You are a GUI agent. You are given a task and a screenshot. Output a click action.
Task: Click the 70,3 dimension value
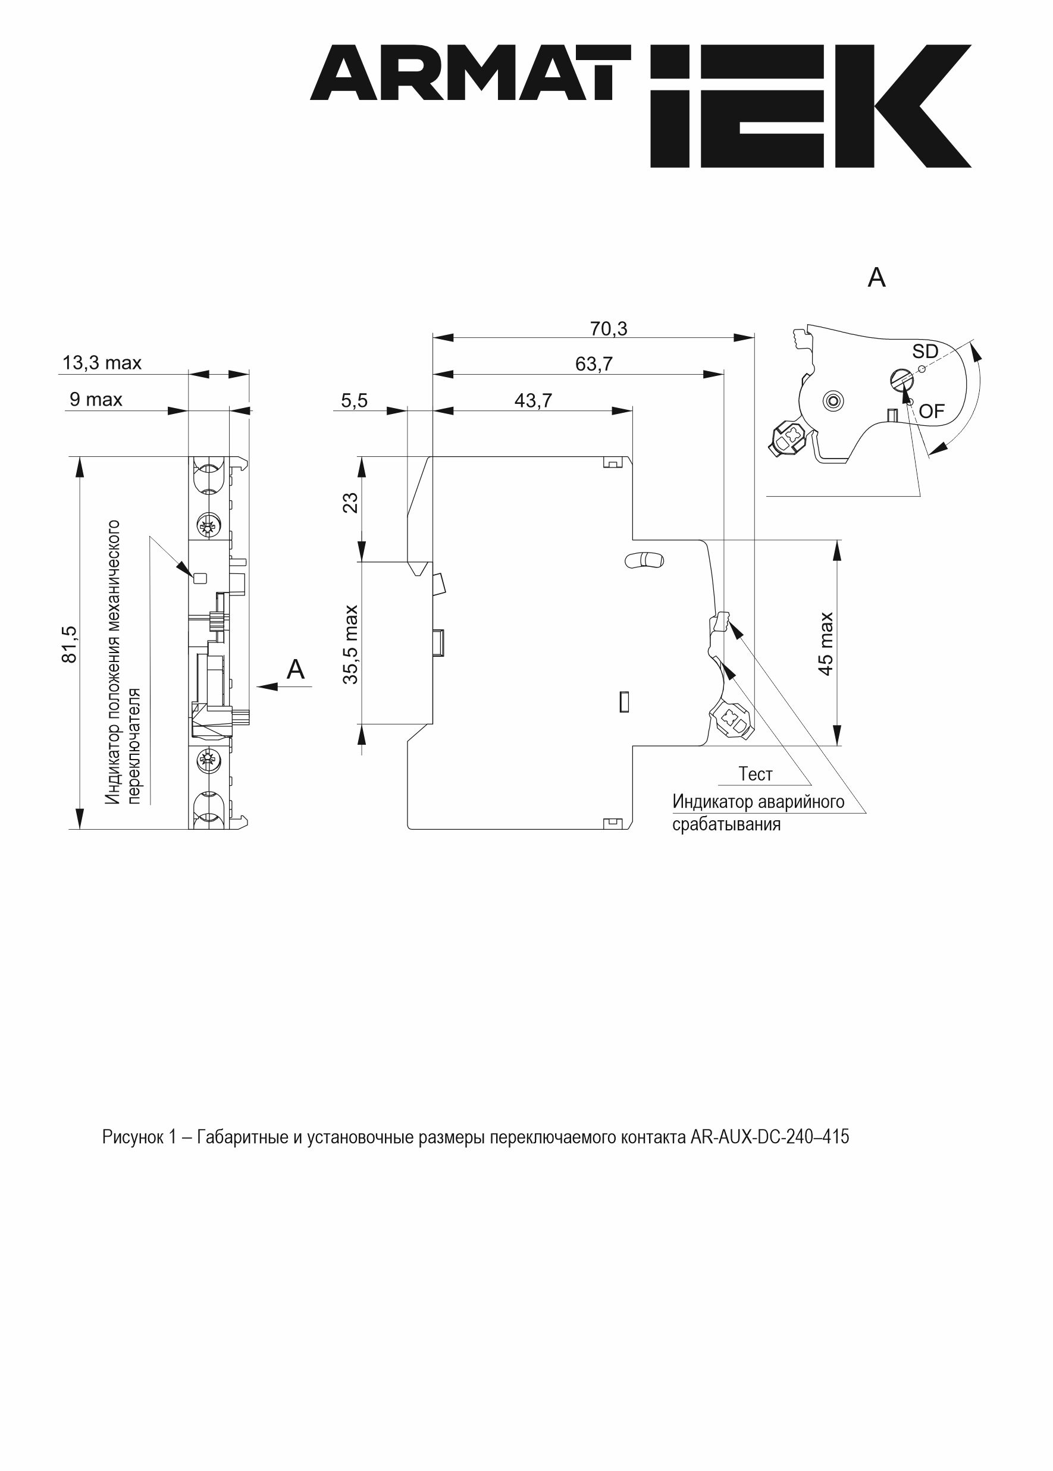point(608,330)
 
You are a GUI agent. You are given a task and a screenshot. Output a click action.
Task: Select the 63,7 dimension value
point(593,365)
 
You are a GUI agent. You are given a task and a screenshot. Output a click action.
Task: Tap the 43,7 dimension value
point(533,401)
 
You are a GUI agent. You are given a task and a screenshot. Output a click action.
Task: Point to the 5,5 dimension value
point(354,401)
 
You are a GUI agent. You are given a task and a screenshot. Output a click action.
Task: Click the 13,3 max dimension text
point(102,363)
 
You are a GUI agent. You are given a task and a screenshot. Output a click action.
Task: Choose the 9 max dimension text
point(96,399)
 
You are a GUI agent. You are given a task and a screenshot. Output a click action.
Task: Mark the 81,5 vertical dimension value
point(69,644)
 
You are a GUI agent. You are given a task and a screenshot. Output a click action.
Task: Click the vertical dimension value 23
point(350,503)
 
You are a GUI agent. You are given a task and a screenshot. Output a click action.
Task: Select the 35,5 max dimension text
point(350,644)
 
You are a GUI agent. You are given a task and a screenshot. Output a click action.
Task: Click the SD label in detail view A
point(925,352)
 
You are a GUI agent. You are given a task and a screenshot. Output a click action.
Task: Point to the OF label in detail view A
point(932,411)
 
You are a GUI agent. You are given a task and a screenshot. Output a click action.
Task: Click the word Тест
point(756,774)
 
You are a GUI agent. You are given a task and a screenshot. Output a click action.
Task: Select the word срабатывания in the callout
point(726,824)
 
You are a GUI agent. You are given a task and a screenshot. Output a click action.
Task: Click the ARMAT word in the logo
point(470,73)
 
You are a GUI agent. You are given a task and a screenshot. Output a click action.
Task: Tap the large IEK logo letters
point(810,106)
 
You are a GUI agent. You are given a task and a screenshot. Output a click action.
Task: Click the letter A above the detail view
point(876,277)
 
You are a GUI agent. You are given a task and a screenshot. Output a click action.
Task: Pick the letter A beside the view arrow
point(296,669)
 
